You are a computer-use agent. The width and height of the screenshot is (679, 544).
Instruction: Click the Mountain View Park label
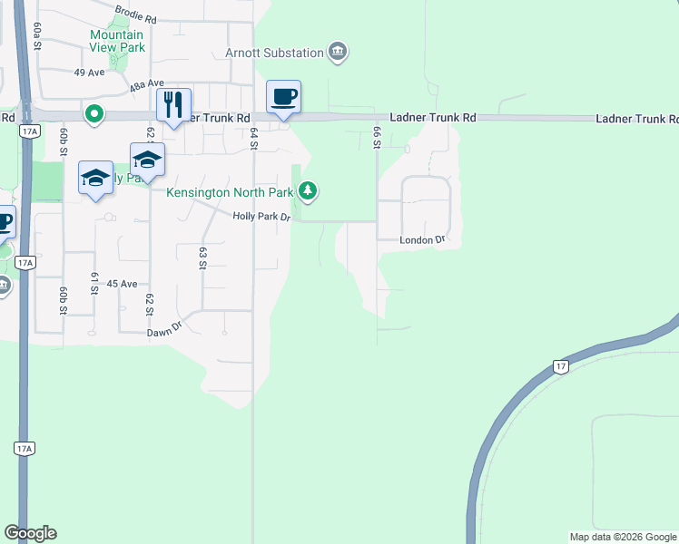coord(116,41)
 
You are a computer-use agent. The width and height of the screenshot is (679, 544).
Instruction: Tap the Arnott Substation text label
coord(274,53)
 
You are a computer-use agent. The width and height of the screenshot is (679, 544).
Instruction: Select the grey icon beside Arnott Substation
coord(338,51)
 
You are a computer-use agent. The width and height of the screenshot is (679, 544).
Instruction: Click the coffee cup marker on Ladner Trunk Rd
coord(283,97)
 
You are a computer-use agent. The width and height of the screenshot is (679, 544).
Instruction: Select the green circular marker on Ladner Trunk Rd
coord(93,114)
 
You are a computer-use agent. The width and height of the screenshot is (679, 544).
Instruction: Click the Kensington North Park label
coord(231,192)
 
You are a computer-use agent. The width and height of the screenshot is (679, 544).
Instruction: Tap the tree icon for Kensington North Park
coord(309,190)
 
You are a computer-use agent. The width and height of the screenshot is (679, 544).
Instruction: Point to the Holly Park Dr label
coord(261,216)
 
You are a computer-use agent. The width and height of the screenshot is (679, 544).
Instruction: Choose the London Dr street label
coord(422,240)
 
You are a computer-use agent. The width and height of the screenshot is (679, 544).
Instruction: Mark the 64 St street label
coord(254,138)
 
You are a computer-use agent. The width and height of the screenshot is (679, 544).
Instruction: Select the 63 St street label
coord(202,258)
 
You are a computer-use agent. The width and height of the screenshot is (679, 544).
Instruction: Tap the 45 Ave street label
coord(122,284)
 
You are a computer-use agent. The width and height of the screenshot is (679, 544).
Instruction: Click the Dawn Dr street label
coord(165,333)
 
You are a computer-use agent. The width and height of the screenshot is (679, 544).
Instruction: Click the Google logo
coord(30,533)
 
